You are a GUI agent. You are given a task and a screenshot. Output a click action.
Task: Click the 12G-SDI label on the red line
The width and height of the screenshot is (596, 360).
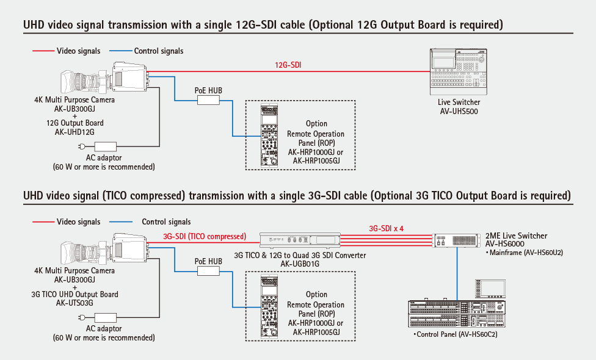(x=288, y=64)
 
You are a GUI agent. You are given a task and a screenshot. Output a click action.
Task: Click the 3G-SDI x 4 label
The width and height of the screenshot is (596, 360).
(x=387, y=228)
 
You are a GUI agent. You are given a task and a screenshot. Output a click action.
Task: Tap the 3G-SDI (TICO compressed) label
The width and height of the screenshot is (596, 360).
(x=205, y=236)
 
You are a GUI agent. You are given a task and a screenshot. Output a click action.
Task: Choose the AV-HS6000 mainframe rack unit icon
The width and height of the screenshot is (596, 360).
(x=458, y=240)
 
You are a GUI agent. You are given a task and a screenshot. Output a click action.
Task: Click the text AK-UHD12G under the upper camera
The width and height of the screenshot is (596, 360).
(x=75, y=131)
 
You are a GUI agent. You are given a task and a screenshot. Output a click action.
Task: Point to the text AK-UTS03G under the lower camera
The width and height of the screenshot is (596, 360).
(x=75, y=302)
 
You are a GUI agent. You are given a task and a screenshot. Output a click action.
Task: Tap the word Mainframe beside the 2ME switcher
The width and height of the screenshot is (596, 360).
(x=506, y=252)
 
